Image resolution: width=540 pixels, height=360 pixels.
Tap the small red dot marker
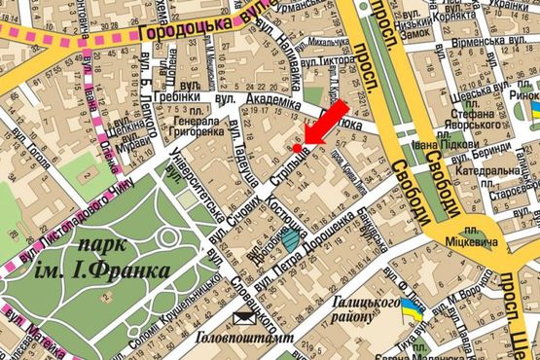tap(298, 148)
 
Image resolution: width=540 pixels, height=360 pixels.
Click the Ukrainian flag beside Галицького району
tap(414, 311)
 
